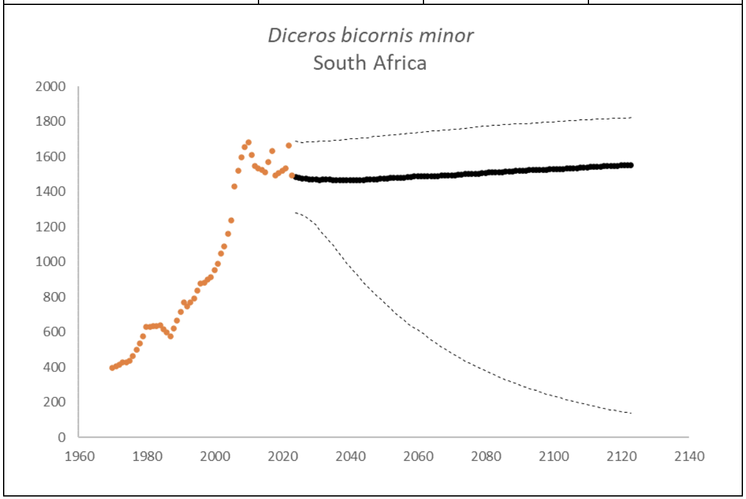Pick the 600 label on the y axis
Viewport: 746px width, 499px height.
click(54, 332)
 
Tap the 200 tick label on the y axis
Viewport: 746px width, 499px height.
click(54, 402)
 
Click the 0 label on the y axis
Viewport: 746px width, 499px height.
click(62, 437)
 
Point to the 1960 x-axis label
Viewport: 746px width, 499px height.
click(79, 457)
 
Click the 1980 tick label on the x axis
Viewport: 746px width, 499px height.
click(146, 457)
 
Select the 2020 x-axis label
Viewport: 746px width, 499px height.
click(283, 457)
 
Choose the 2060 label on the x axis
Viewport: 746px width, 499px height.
click(418, 457)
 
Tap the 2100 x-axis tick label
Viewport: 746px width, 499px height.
click(553, 457)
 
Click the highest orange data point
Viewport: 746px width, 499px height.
click(249, 142)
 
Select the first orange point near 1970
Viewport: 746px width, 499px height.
click(112, 368)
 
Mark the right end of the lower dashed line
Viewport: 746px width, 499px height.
click(631, 413)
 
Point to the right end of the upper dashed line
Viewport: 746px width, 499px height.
click(631, 117)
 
